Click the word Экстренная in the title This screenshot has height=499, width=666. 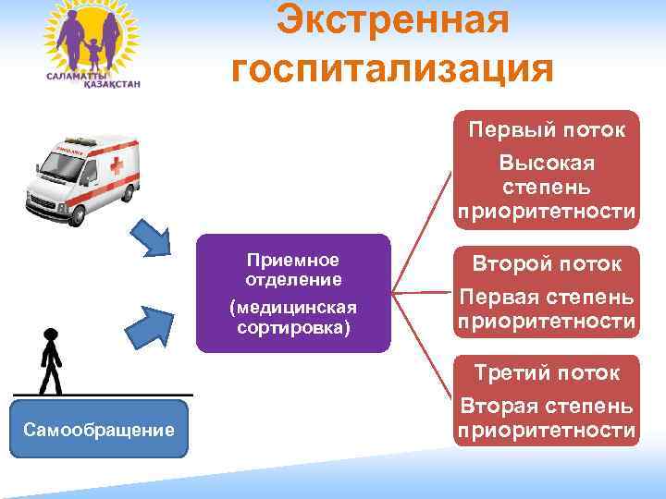(394, 20)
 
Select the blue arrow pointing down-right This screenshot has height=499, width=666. (153, 238)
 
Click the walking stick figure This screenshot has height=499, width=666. (50, 361)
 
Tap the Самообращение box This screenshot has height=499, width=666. (99, 429)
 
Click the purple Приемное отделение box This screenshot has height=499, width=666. (293, 293)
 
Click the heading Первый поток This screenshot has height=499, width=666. (547, 129)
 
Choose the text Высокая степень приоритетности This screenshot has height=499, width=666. (547, 188)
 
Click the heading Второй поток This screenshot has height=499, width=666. (547, 263)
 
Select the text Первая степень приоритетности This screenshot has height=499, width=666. (547, 310)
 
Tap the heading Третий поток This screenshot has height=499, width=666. (547, 373)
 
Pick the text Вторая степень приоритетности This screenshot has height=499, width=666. (547, 419)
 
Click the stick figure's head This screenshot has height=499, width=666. (50, 335)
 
